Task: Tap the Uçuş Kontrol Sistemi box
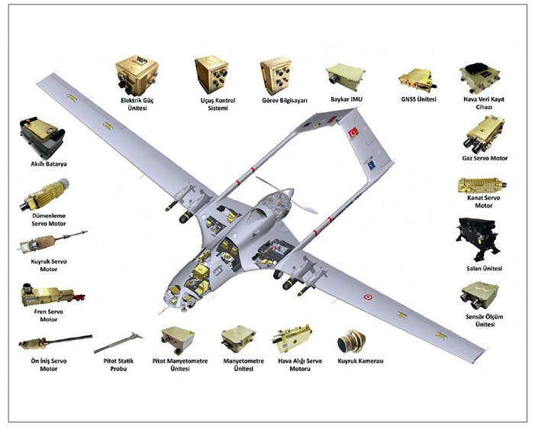(212, 74)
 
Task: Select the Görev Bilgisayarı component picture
(277, 76)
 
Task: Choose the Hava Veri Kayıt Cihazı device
(479, 79)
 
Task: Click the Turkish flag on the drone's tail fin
(353, 134)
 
